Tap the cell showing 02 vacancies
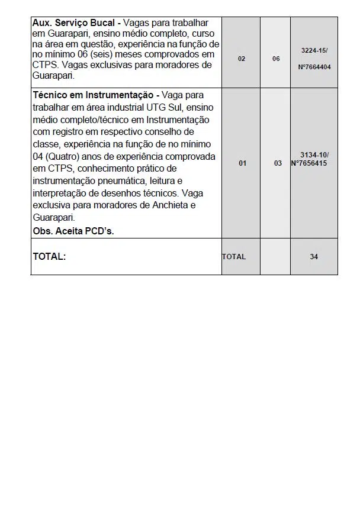coord(242,59)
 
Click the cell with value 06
coord(276,59)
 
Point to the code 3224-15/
coord(314,51)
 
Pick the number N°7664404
coord(314,67)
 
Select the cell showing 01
coord(242,163)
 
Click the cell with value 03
coord(278,163)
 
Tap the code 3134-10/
coord(314,155)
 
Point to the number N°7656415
coord(309,163)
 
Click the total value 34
coord(314,257)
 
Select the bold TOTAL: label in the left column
coord(49,257)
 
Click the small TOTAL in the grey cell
coord(234,257)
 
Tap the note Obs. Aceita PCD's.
coord(73,231)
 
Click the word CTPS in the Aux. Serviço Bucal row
coord(45,65)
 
